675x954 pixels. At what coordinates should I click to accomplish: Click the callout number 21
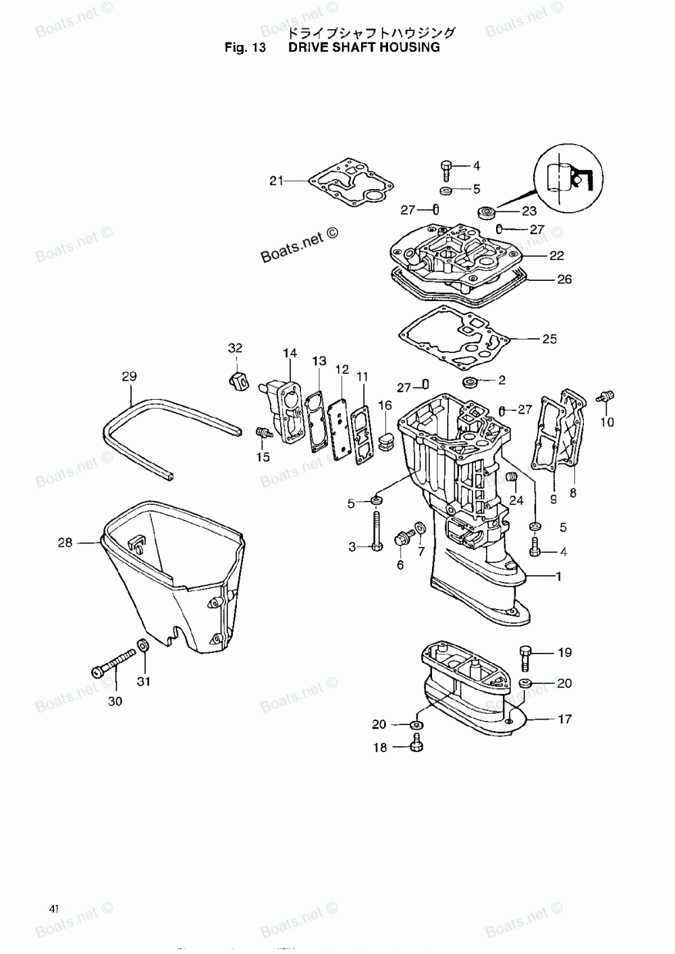point(276,180)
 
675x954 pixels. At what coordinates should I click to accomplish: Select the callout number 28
point(65,542)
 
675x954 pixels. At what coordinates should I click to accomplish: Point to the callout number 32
point(234,348)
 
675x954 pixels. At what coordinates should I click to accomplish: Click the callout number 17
point(564,719)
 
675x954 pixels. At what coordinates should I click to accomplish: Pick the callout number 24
point(516,500)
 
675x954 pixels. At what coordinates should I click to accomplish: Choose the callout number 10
point(607,422)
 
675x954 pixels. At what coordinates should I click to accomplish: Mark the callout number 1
point(558,576)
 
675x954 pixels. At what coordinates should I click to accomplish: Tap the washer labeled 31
point(143,646)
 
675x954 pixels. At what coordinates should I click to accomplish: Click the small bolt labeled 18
point(415,744)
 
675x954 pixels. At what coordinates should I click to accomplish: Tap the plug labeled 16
point(387,445)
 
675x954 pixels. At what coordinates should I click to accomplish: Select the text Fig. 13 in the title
point(245,47)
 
